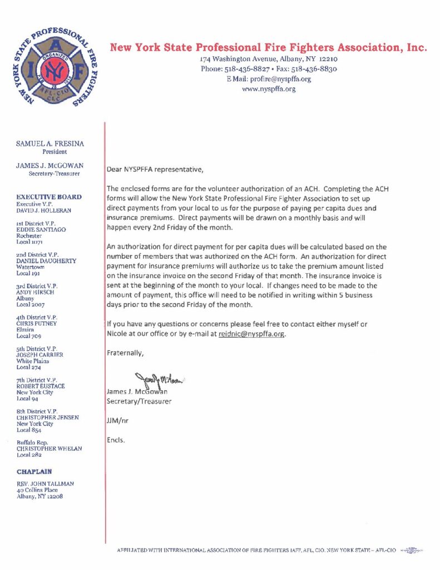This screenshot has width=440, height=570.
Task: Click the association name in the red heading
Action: (x=268, y=48)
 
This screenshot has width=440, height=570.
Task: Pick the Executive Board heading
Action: (x=49, y=197)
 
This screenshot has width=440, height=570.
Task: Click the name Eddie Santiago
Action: (x=41, y=229)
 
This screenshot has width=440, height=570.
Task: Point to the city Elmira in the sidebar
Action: (x=26, y=330)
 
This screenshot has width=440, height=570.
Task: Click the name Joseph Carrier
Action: (x=39, y=355)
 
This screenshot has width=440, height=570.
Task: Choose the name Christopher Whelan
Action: (x=49, y=448)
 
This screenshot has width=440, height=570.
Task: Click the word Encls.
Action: (x=116, y=440)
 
